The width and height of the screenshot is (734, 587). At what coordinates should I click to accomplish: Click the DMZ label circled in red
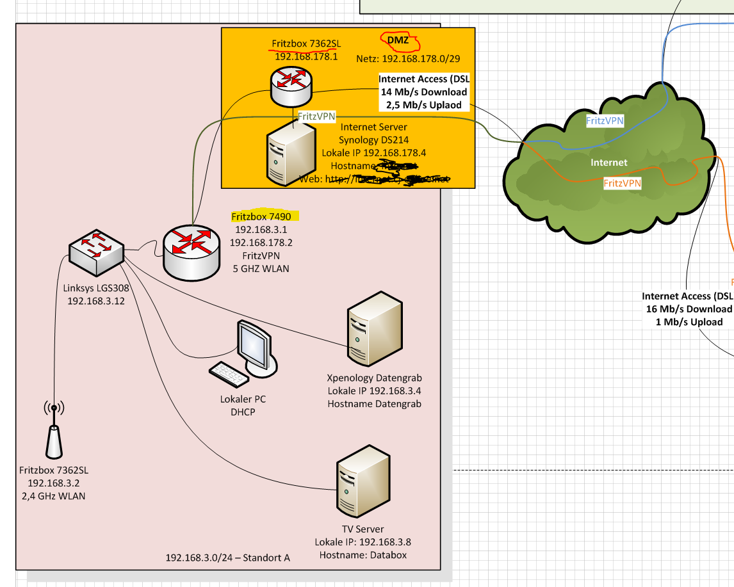pyautogui.click(x=398, y=41)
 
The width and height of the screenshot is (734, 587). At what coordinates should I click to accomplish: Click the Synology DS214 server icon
pyautogui.click(x=290, y=153)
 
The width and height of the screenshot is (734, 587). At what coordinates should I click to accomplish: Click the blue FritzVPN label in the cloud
pyautogui.click(x=605, y=120)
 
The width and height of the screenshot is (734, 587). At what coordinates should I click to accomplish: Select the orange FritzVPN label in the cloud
pyautogui.click(x=623, y=184)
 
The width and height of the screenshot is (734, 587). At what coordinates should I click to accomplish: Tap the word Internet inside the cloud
pyautogui.click(x=608, y=163)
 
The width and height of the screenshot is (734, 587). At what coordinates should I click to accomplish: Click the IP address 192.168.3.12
pyautogui.click(x=95, y=300)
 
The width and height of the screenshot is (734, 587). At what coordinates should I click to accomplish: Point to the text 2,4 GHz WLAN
pyautogui.click(x=53, y=496)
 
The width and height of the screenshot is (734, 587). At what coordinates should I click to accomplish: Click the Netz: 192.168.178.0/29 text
pyautogui.click(x=408, y=58)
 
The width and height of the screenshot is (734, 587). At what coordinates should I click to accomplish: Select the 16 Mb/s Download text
pyautogui.click(x=689, y=309)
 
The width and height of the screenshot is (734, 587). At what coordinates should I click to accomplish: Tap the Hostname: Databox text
pyautogui.click(x=363, y=555)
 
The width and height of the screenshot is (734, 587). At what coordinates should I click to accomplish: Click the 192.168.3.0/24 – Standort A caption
pyautogui.click(x=228, y=558)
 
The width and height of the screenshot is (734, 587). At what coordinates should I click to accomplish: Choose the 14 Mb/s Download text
pyautogui.click(x=424, y=92)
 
